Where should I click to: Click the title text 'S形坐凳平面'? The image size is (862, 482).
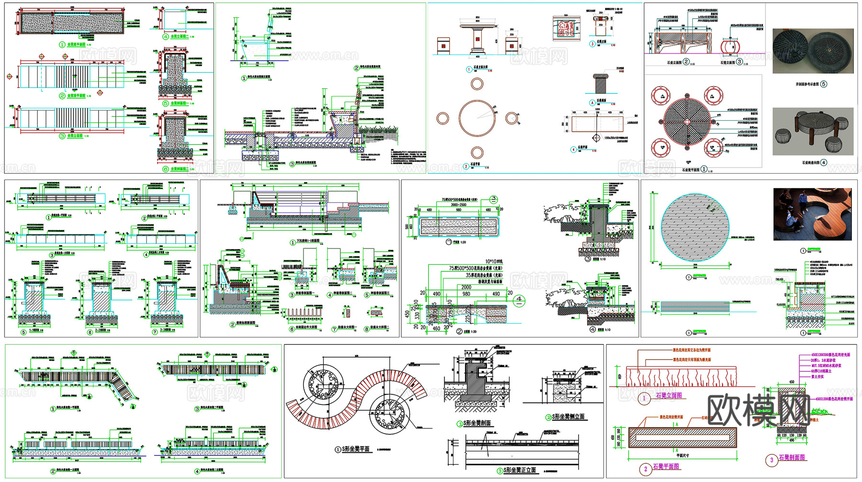[x=356, y=449]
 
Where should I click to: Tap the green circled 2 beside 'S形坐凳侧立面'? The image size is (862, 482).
[x=549, y=417]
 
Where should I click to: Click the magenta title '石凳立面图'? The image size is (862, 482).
[x=669, y=395]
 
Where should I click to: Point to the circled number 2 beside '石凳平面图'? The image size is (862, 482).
[x=646, y=469]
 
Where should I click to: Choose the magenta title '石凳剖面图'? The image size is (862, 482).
[x=792, y=458]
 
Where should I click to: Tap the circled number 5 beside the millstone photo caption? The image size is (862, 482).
[x=824, y=84]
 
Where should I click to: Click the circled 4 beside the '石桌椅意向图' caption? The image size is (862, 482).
[x=824, y=163]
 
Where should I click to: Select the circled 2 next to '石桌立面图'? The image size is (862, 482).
[x=686, y=62]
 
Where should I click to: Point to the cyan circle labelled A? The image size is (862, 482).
[x=592, y=103]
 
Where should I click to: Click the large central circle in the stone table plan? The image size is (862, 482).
[x=477, y=118]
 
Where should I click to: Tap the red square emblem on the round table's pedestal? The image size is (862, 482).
[x=477, y=37]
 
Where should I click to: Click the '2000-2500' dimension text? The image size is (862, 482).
[x=458, y=205]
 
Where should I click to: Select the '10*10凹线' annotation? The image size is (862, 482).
[x=494, y=262]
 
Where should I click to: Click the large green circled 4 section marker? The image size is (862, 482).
[x=519, y=300]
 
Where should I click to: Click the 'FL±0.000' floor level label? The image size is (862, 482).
[x=781, y=304]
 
